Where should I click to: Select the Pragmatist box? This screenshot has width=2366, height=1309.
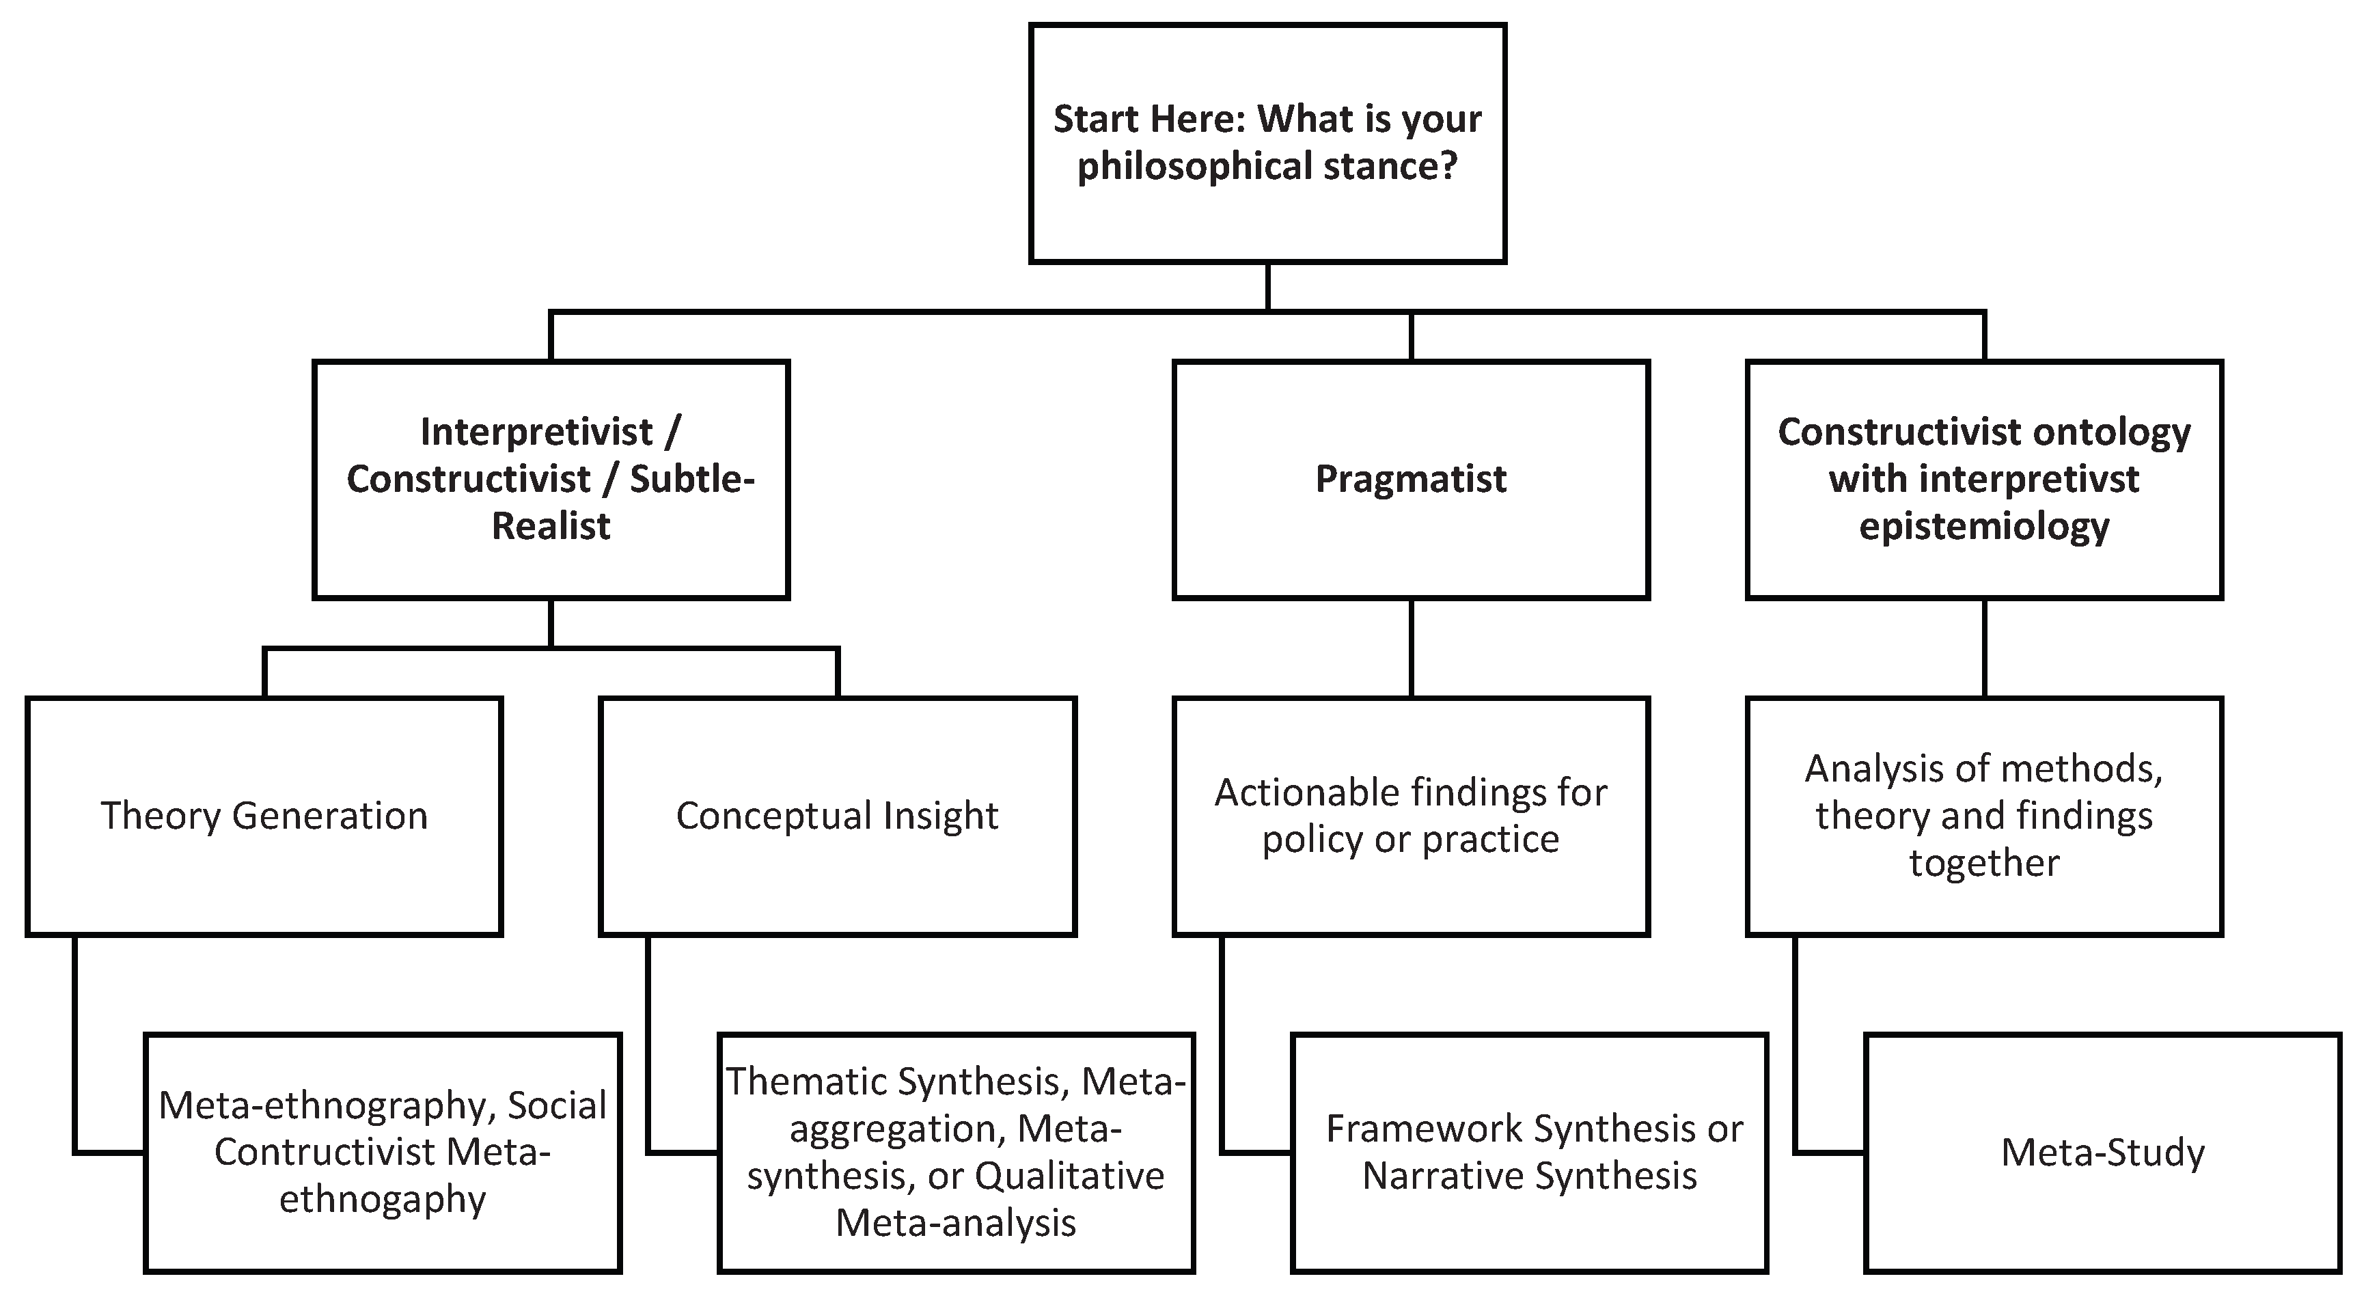click(1410, 480)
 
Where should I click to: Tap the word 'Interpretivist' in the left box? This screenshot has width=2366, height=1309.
click(536, 432)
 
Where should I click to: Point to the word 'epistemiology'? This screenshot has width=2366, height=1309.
click(1984, 526)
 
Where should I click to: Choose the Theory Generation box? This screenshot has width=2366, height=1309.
click(264, 816)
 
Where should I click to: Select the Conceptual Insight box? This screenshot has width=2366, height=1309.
click(837, 816)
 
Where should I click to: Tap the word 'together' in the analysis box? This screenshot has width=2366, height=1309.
click(1984, 864)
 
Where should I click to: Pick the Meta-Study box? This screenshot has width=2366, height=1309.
click(2102, 1153)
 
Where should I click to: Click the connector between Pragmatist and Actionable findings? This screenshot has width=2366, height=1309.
click(1411, 648)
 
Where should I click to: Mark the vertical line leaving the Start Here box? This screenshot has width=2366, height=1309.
click(1267, 287)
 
